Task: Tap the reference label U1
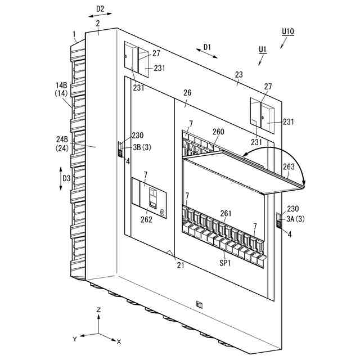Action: pos(262,49)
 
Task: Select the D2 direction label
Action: pos(100,9)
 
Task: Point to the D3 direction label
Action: pos(66,179)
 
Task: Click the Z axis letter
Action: pos(98,309)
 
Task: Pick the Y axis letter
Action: pos(74,339)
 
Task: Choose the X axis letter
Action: pos(119,341)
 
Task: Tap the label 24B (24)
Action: pos(62,143)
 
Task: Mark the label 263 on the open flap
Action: pos(289,166)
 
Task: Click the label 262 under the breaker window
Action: pos(146,219)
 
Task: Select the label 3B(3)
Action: pos(141,147)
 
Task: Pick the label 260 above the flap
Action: pos(218,132)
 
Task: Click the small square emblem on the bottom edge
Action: pos(199,304)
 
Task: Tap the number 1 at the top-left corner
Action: pos(74,34)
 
